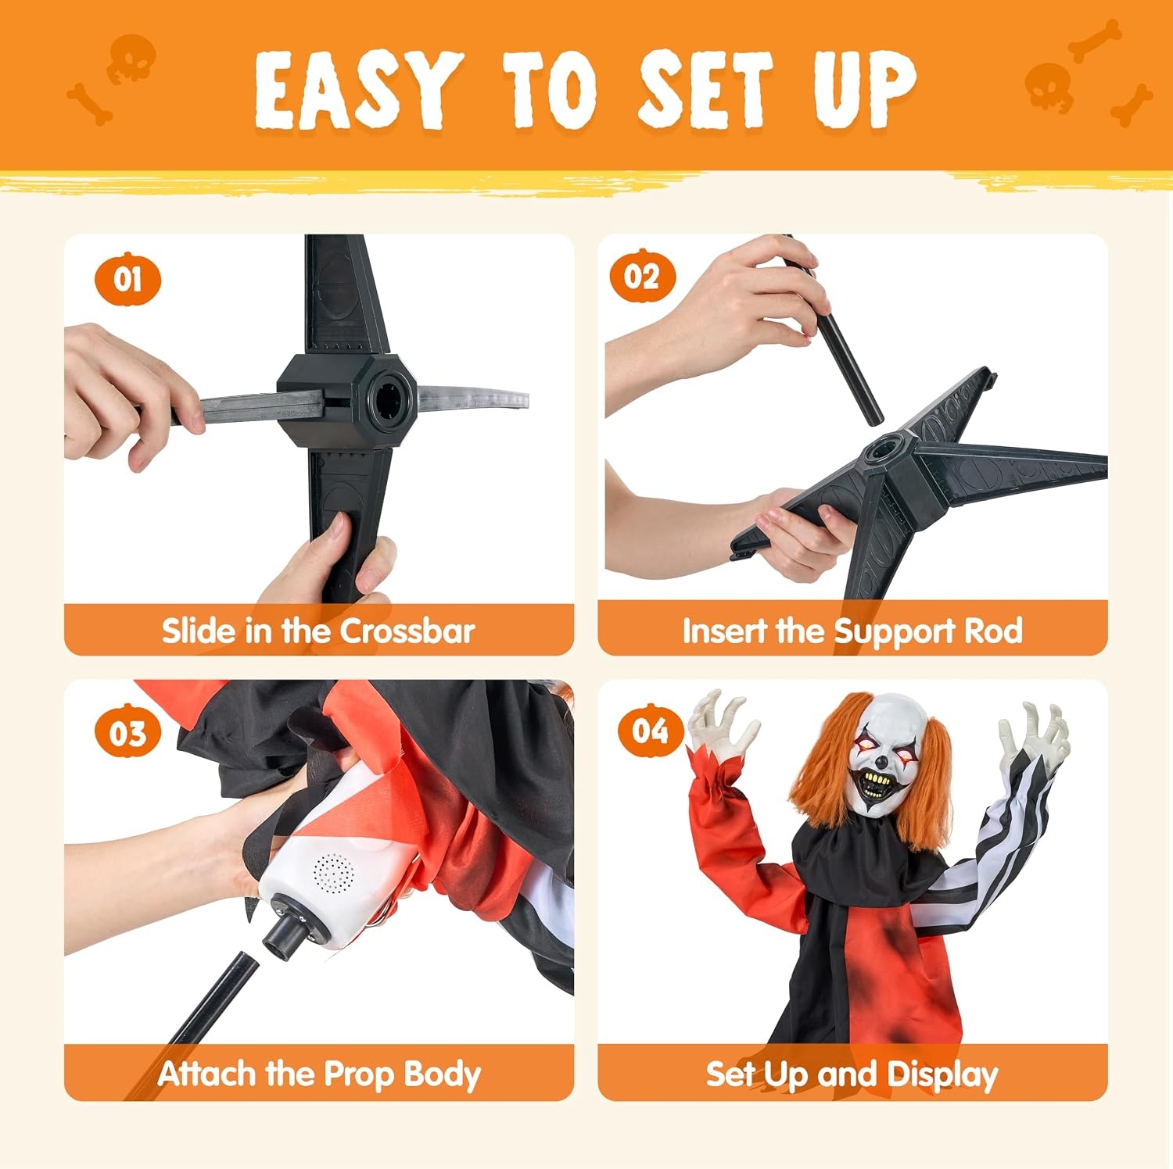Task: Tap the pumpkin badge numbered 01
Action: click(x=127, y=279)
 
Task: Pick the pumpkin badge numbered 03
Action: click(x=127, y=732)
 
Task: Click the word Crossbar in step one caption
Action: click(x=407, y=631)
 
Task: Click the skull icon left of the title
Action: click(x=131, y=59)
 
